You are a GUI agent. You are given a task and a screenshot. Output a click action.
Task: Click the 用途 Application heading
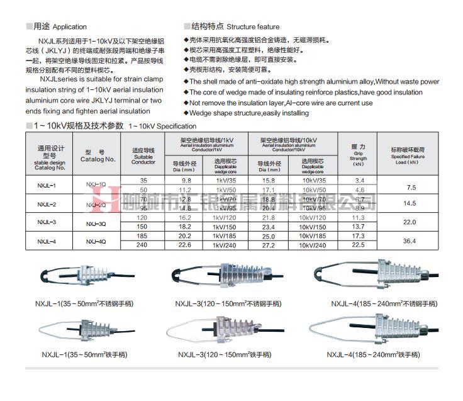coord(61,27)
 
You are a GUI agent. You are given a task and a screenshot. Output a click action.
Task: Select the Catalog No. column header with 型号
coord(98,155)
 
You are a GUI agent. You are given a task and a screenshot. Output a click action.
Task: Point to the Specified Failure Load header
coord(411,155)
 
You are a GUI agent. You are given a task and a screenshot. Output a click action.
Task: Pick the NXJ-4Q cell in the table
coord(96,241)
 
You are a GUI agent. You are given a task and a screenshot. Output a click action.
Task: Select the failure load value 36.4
coord(410,241)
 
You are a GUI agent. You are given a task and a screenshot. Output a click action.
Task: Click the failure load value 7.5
coord(412,188)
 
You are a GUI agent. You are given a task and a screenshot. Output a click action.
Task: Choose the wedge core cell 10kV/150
coord(312,227)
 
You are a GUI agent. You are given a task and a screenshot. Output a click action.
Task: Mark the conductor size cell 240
coord(143,246)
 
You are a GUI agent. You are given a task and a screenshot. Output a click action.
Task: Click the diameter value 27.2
coord(269,246)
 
